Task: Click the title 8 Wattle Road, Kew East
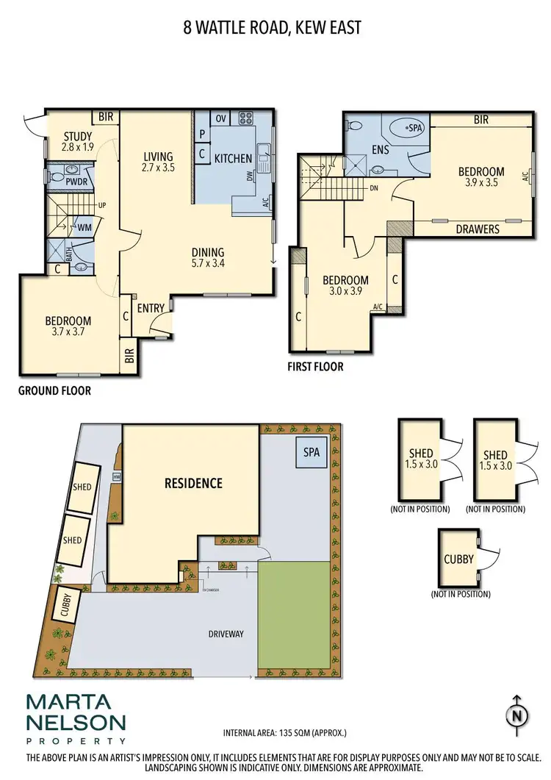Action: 272,29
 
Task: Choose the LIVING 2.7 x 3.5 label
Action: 158,162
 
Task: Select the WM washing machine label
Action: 84,229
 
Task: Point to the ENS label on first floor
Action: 380,150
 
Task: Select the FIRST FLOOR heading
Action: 315,366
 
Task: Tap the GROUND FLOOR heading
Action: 54,390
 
